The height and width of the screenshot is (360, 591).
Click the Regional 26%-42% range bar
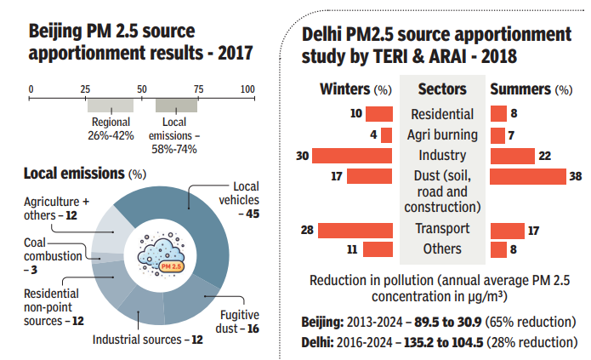point(110,105)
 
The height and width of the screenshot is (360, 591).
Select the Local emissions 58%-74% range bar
point(176,105)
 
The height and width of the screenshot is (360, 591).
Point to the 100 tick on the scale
point(247,89)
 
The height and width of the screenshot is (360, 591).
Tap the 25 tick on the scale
point(85,89)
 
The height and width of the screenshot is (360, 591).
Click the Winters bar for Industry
point(352,155)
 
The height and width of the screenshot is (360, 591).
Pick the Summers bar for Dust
point(528,175)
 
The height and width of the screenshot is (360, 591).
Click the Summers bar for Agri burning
point(497,134)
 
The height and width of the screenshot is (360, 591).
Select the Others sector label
point(442,249)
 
